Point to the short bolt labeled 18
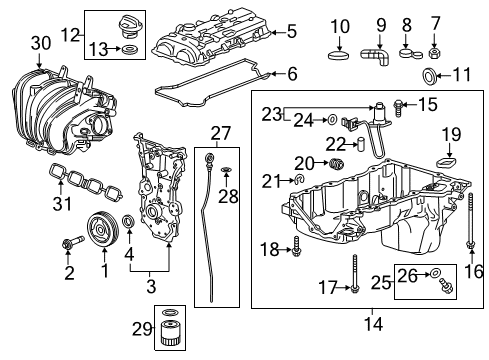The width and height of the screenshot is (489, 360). (x=295, y=249)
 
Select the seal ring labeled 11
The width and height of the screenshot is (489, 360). (x=431, y=77)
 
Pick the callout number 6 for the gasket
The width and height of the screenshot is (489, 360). (x=292, y=73)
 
